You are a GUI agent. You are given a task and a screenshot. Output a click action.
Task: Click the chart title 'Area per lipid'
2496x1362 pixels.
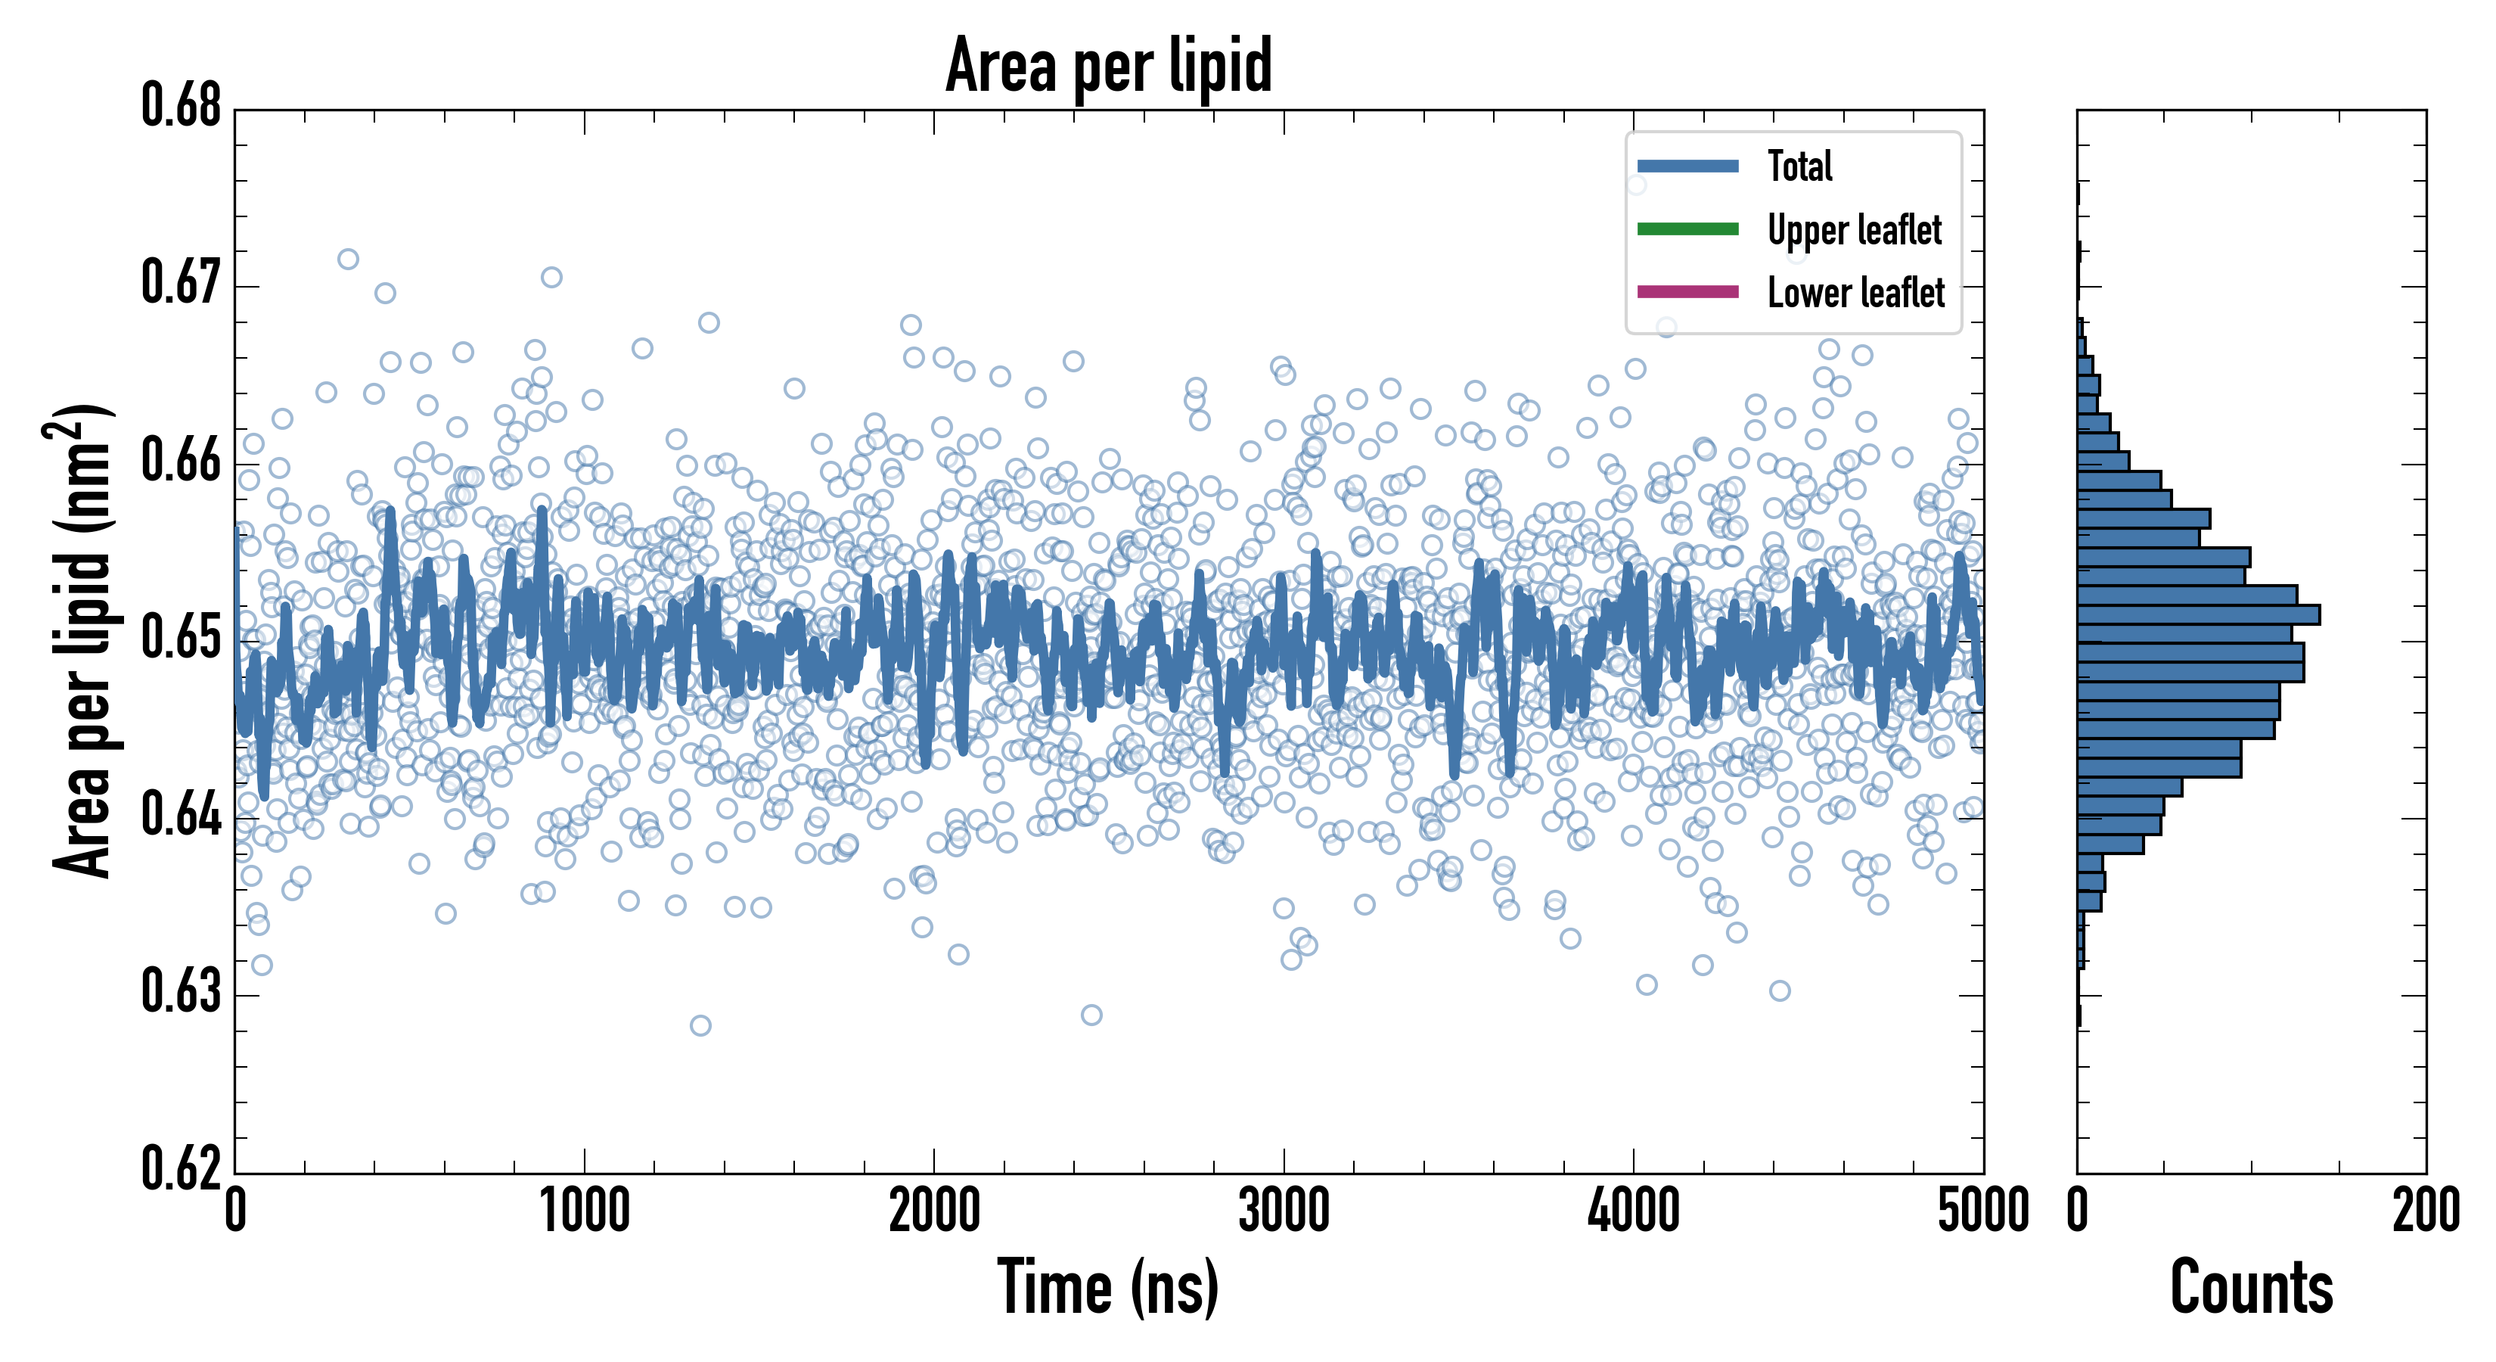1109,65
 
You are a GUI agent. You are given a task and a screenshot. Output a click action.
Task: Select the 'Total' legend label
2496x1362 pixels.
1799,166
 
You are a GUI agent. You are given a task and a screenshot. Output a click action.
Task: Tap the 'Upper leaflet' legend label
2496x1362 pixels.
1855,230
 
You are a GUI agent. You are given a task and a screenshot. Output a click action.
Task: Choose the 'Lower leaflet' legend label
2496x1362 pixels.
1855,293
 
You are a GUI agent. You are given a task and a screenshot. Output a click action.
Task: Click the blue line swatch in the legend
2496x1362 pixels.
1687,166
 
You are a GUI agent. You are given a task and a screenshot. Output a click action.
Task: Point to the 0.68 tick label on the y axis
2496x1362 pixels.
182,106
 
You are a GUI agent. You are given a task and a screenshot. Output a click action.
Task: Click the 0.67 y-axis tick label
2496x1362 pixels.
182,283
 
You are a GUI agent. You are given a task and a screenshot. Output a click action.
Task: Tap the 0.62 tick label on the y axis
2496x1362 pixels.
182,1168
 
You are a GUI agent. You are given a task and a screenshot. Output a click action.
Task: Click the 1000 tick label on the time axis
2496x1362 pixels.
584,1211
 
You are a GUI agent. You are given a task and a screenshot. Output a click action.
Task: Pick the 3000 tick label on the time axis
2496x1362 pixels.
1284,1211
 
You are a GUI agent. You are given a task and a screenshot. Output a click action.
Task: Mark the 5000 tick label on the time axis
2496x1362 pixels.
1982,1211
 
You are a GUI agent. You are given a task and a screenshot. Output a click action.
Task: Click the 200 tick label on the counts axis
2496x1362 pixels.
2425,1211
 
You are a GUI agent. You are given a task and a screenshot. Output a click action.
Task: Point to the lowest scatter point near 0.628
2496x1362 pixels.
700,1025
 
